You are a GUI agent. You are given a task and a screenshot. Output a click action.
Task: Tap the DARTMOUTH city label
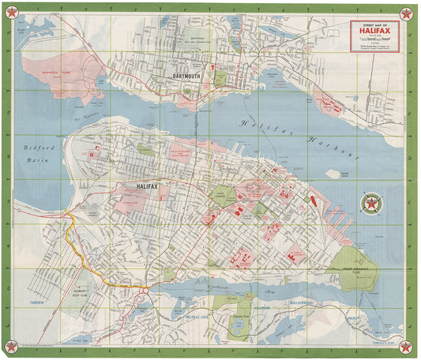[187, 77]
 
